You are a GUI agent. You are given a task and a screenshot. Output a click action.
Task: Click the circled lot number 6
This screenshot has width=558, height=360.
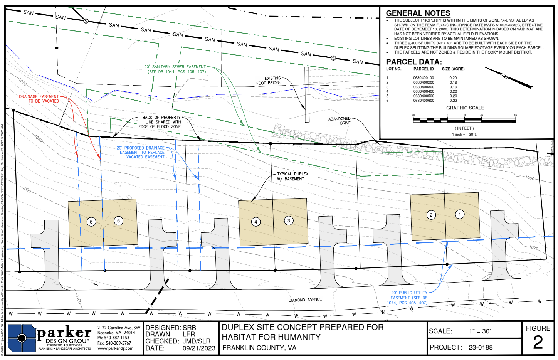click(x=91, y=222)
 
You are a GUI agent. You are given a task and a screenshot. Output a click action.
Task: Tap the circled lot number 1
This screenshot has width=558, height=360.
click(x=459, y=214)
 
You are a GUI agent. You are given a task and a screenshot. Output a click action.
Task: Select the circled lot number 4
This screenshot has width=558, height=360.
click(x=256, y=222)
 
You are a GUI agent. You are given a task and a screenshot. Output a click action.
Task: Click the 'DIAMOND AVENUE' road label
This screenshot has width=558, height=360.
click(x=305, y=300)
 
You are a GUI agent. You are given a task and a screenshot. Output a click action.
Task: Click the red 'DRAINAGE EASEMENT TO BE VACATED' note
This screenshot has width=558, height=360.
click(x=39, y=99)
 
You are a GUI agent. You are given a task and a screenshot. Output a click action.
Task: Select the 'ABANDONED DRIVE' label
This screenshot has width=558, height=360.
click(x=340, y=121)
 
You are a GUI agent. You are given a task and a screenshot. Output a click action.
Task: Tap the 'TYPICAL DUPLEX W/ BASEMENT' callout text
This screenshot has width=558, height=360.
click(x=292, y=177)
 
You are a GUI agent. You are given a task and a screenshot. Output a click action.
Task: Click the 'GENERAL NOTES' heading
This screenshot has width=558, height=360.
click(x=418, y=13)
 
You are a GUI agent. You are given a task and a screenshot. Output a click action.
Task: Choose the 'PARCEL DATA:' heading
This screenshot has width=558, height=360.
click(x=414, y=62)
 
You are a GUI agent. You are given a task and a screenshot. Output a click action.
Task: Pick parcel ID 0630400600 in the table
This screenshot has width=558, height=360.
click(x=424, y=101)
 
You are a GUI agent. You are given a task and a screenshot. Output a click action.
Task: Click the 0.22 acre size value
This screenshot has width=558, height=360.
click(x=453, y=101)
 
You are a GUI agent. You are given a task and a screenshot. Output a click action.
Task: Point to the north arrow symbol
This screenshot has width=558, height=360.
click(x=509, y=77)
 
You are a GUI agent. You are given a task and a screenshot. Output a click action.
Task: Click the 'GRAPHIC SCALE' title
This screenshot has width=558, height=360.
click(x=465, y=108)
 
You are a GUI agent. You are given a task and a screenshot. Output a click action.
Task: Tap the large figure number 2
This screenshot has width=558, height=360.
click(x=538, y=343)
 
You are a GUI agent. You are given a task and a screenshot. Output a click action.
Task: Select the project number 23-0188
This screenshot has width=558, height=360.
click(x=481, y=348)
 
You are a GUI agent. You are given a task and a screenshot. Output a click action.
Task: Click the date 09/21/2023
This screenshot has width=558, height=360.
click(x=199, y=348)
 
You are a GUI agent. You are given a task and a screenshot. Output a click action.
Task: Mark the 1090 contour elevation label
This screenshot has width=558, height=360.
click(x=27, y=190)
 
